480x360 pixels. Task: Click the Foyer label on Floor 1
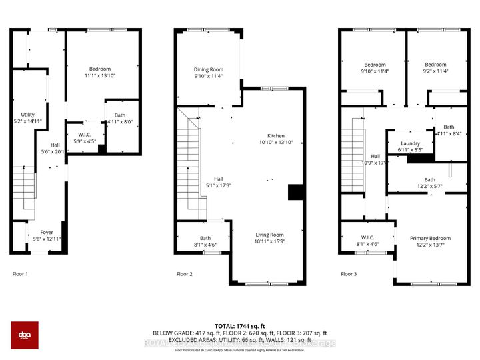pos(46,232)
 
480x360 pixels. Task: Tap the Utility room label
pos(27,115)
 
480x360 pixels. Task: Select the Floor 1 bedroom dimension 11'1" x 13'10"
pos(100,76)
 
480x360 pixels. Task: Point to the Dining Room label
pos(209,69)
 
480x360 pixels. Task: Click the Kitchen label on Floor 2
pos(276,135)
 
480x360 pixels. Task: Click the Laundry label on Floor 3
pos(410,143)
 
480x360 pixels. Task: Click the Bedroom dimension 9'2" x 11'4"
pos(437,71)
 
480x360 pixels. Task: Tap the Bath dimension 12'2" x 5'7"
pos(430,187)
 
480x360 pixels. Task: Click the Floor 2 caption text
pos(185,274)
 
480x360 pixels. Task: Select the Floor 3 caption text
pos(349,274)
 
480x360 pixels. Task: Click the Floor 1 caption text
pos(21,274)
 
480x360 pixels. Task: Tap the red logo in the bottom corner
pos(25,335)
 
